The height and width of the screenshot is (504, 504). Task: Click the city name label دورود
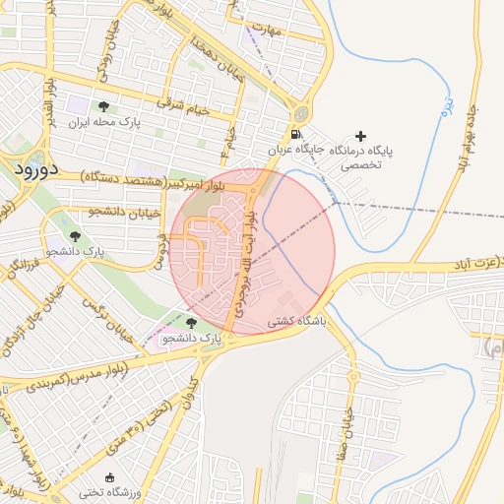[37, 168]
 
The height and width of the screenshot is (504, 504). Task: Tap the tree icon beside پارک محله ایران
[103, 106]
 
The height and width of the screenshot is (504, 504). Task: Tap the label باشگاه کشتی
[296, 322]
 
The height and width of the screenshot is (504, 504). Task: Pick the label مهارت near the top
[266, 31]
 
